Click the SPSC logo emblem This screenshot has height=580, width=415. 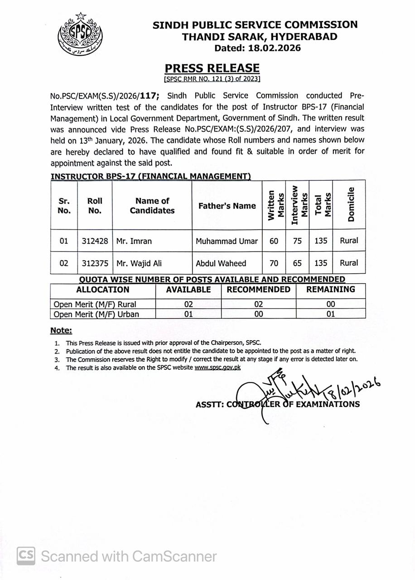pyautogui.click(x=80, y=34)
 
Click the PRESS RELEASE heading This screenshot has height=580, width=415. pyautogui.click(x=212, y=68)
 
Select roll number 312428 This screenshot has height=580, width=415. pyautogui.click(x=95, y=241)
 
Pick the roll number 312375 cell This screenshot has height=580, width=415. pyautogui.click(x=95, y=263)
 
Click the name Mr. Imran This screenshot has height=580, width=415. pyautogui.click(x=134, y=241)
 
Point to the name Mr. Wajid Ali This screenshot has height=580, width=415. pyautogui.click(x=139, y=263)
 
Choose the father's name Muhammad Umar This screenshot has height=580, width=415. pyautogui.click(x=227, y=241)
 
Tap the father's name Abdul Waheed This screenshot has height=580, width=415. pyautogui.click(x=221, y=263)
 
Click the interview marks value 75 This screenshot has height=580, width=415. pyautogui.click(x=297, y=241)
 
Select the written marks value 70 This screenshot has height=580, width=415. pyautogui.click(x=274, y=263)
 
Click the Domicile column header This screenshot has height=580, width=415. pyautogui.click(x=350, y=205)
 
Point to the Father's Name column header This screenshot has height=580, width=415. pyautogui.click(x=227, y=206)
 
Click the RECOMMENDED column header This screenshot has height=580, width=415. pyautogui.click(x=258, y=290)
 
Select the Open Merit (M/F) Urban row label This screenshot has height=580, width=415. pyautogui.click(x=97, y=314)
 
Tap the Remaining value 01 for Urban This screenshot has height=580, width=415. pyautogui.click(x=331, y=314)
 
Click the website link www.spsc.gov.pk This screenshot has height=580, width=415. pyautogui.click(x=217, y=367)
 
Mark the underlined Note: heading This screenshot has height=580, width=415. pyautogui.click(x=61, y=331)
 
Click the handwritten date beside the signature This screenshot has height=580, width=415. pyautogui.click(x=352, y=388)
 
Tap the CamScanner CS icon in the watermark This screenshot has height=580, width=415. pyautogui.click(x=26, y=556)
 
